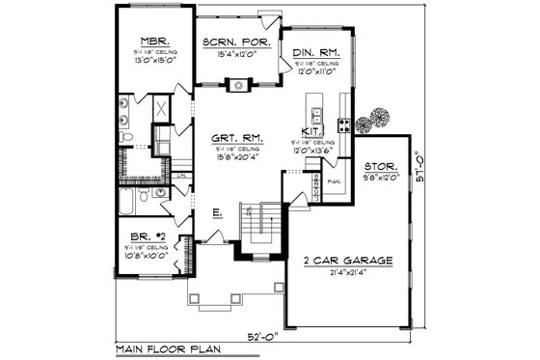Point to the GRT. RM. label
[234, 138]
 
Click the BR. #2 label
[148, 235]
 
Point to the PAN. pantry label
[336, 180]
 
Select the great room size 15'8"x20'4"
[234, 158]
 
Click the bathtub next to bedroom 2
[126, 203]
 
